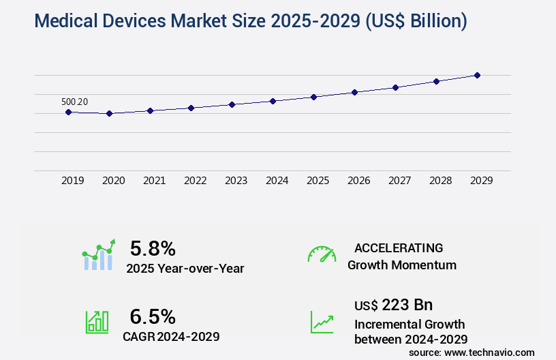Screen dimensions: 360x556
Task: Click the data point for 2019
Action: pos(68,112)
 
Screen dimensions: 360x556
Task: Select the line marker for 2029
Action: pos(477,75)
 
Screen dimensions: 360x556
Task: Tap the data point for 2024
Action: pos(273,101)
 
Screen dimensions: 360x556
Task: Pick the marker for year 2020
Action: pos(109,113)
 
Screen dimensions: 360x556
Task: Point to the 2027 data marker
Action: pos(395,87)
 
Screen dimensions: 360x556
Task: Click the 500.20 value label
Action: pos(74,102)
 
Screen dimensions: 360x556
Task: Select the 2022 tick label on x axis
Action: pos(195,181)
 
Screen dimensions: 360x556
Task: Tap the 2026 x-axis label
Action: pos(358,181)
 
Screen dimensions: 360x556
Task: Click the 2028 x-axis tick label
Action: pos(440,181)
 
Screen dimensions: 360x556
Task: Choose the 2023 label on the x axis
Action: pos(236,181)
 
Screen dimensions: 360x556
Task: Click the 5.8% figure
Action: pos(153,247)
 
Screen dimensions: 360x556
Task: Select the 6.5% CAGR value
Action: pos(153,316)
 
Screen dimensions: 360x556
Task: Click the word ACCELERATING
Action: pos(399,247)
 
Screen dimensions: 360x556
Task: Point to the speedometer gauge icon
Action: pos(322,254)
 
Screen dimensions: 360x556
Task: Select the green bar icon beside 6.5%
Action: pos(97,322)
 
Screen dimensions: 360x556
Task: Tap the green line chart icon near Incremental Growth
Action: pos(322,322)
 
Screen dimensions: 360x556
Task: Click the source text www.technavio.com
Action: pos(489,352)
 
